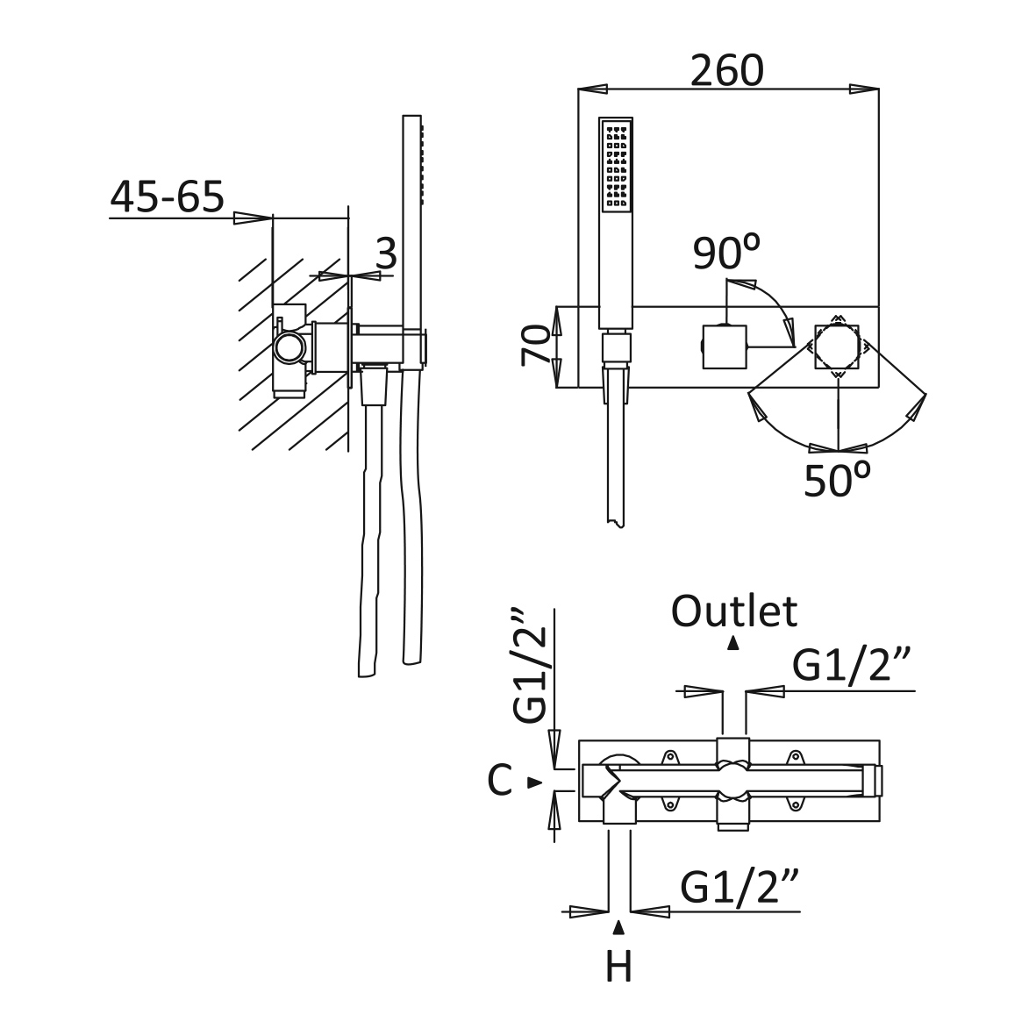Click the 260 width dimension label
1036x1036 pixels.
click(727, 70)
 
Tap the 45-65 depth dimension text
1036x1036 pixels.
click(168, 196)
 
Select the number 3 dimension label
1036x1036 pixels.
click(386, 253)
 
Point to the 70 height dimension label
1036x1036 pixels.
click(536, 346)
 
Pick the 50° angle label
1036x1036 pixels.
click(837, 479)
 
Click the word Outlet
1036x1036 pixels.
click(734, 611)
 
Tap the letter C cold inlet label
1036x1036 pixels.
click(499, 781)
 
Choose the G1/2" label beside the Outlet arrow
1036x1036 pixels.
click(853, 665)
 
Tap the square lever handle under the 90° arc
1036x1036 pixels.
click(724, 347)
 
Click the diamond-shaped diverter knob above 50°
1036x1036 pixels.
click(838, 347)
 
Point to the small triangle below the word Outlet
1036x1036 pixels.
click(732, 643)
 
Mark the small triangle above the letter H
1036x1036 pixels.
click(618, 927)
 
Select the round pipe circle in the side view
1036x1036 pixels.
click(290, 347)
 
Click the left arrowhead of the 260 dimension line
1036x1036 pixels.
click(593, 89)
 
